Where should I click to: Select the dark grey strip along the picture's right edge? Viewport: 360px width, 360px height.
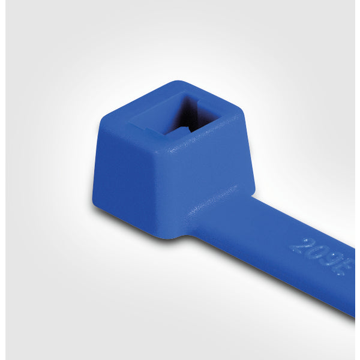coord(357,180)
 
